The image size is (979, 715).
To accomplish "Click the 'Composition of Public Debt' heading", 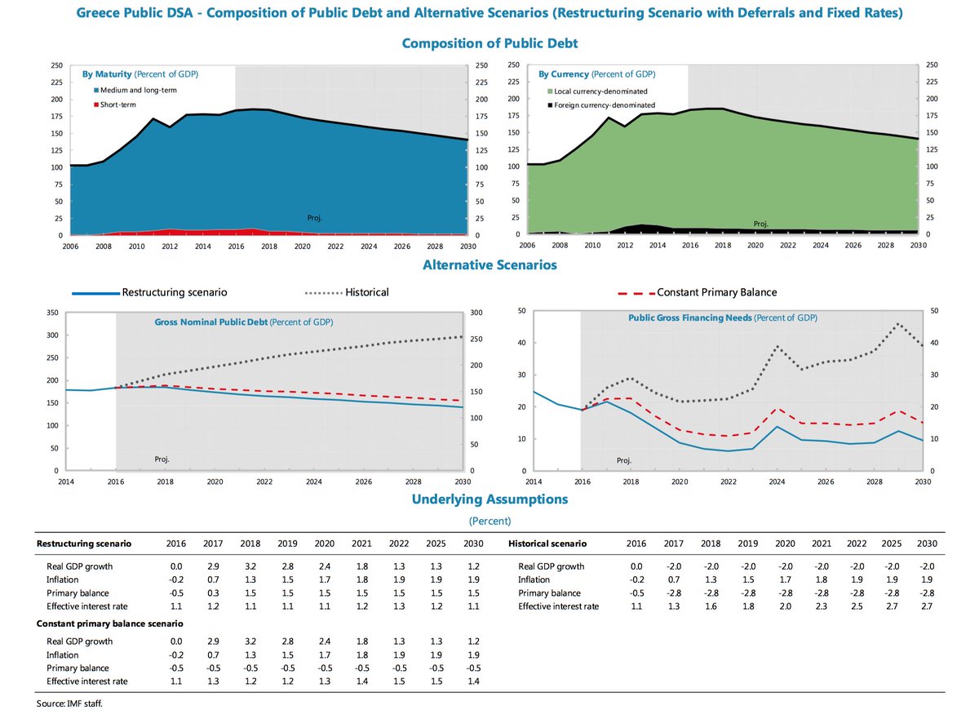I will point(489,42).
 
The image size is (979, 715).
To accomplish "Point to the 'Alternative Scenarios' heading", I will point(489,265).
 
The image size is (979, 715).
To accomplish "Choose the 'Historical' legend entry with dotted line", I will point(367,292).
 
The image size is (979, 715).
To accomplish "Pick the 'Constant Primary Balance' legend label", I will point(716,292).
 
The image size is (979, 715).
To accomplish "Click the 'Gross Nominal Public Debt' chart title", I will point(242,322).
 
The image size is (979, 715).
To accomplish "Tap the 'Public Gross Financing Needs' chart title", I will point(722,318).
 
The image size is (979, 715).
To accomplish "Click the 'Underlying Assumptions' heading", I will point(489,499).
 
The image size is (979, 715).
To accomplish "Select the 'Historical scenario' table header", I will point(547,543).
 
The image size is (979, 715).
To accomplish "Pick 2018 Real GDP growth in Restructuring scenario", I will point(250,566).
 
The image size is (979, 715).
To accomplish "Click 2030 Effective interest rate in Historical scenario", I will point(927,606).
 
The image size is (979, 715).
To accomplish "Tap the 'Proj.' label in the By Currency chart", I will point(760,224).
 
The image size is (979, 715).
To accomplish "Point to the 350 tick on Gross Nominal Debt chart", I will point(52,313).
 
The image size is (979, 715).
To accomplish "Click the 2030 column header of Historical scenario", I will point(927,543).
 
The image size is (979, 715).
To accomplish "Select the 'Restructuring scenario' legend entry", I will point(174,292).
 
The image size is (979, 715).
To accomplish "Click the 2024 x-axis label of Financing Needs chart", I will point(777,482).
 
